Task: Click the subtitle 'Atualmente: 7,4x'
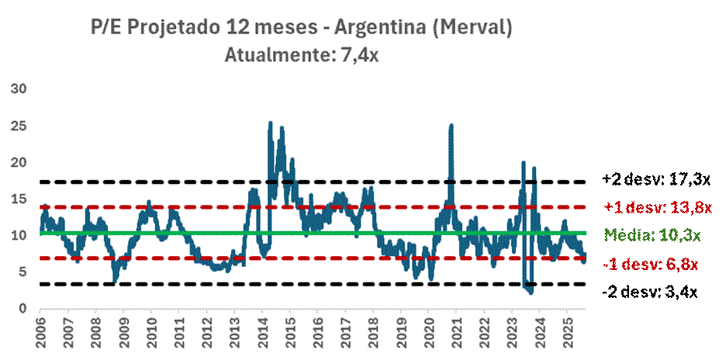click(x=302, y=56)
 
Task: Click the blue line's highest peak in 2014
click(x=270, y=123)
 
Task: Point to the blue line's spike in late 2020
click(x=451, y=125)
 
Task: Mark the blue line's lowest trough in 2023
click(x=531, y=292)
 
